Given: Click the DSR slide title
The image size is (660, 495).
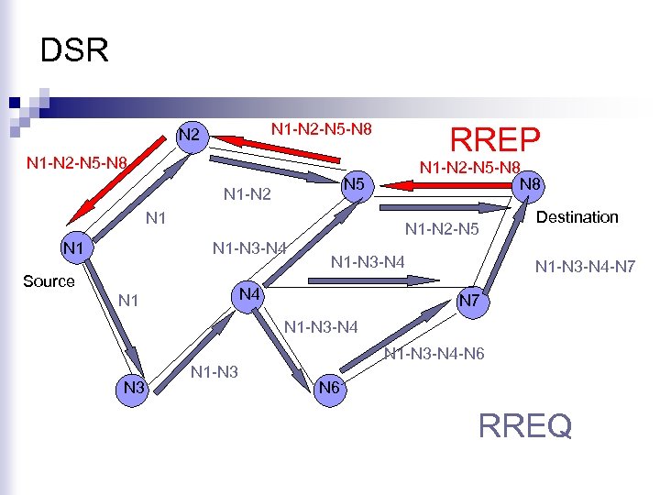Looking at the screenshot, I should (74, 50).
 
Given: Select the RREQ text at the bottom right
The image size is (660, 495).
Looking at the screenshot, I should (525, 425).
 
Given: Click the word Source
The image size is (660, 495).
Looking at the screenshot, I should (49, 281).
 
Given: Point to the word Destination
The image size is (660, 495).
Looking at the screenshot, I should (577, 217).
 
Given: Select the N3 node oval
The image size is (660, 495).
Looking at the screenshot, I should (136, 388).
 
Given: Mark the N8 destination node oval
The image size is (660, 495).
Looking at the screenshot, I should (528, 183).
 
